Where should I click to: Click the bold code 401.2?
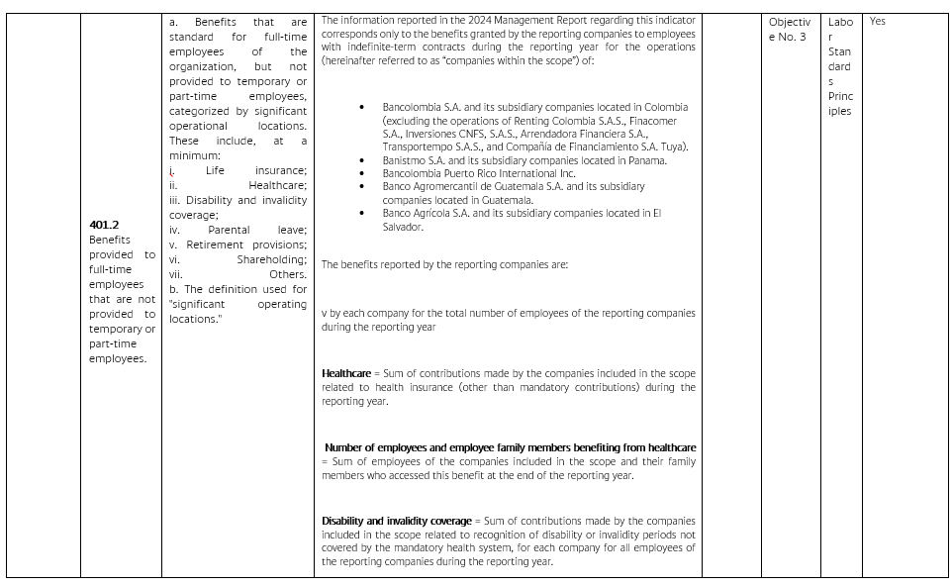click(104, 225)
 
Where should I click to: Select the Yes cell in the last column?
click(878, 22)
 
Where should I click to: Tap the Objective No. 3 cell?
click(789, 29)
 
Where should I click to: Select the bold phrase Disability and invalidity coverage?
click(397, 521)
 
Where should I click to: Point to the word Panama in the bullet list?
click(646, 160)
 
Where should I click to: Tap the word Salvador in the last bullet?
click(403, 227)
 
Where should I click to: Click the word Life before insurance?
click(215, 170)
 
